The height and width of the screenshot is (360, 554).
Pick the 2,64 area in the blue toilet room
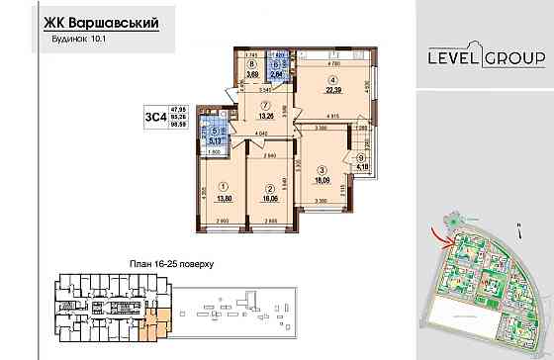(278, 73)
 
